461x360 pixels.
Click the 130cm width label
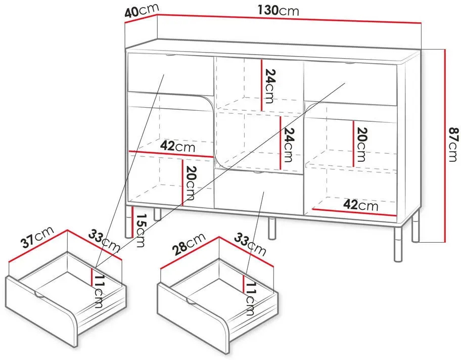278,11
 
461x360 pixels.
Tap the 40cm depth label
142,11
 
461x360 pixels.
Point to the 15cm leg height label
140,230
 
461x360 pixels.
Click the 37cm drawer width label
38,237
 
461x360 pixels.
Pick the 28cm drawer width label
189,244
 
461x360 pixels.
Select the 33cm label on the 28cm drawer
250,245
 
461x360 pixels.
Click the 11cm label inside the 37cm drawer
99,291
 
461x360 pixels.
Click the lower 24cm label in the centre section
289,145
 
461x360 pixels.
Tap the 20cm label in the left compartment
190,183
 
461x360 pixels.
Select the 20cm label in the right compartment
361,145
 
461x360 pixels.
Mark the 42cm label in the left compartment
177,146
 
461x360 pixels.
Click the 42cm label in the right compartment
361,205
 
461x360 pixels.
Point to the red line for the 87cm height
445,146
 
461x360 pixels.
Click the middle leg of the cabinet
272,228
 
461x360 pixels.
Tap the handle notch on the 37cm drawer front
40,295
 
